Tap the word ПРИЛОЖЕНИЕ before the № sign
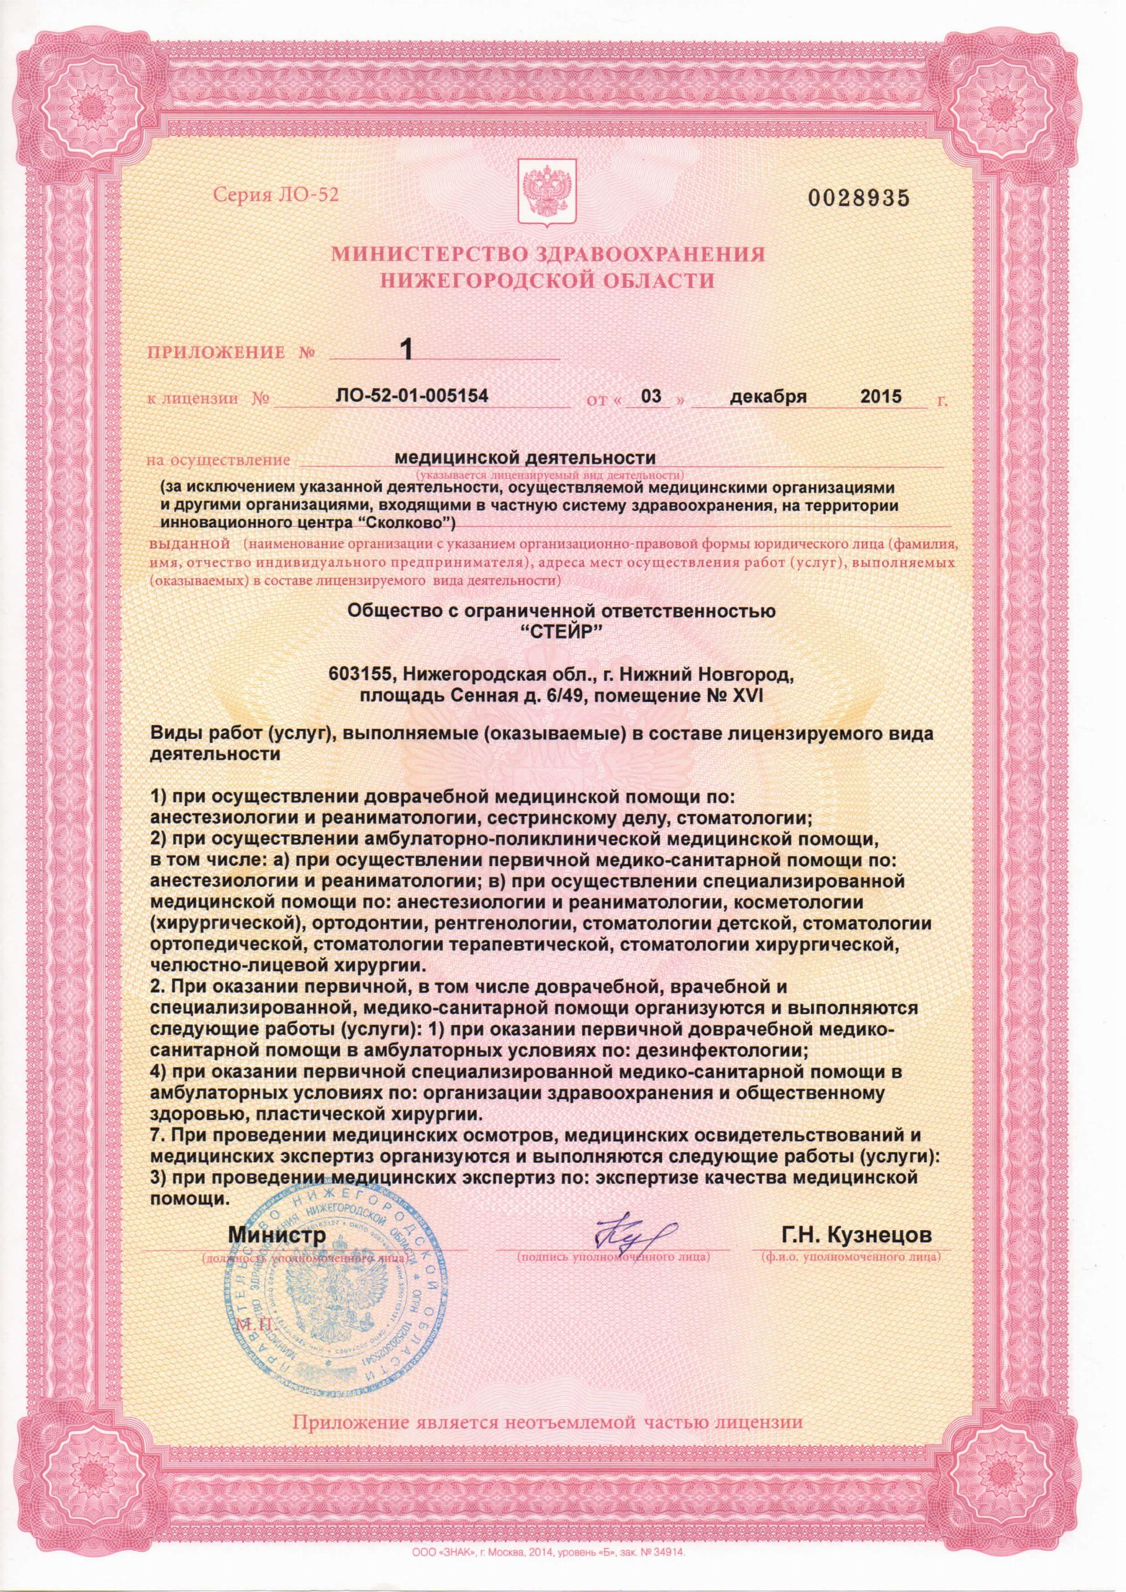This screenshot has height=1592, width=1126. (216, 352)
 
